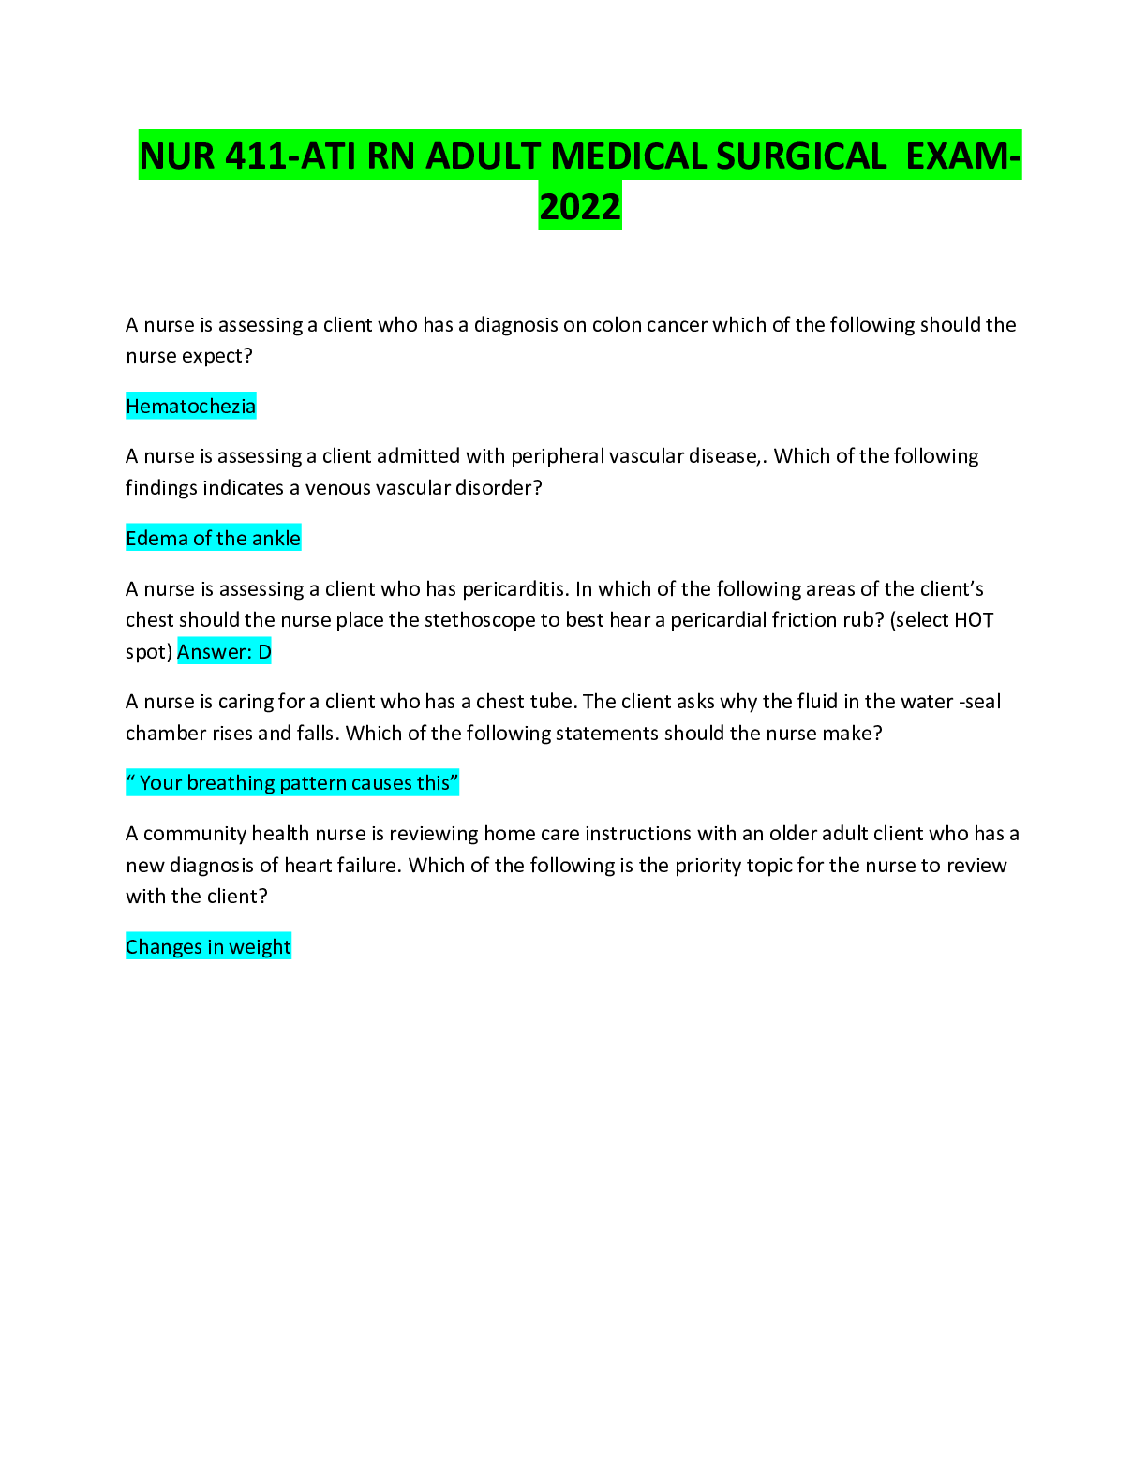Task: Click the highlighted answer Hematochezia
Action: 190,407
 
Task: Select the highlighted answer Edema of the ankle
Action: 213,539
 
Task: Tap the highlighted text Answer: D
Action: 224,652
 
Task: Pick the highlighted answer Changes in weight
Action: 208,947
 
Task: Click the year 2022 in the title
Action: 580,207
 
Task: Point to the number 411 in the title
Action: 257,156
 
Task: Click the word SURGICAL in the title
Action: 801,156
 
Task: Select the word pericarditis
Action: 514,589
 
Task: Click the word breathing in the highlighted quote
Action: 229,783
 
